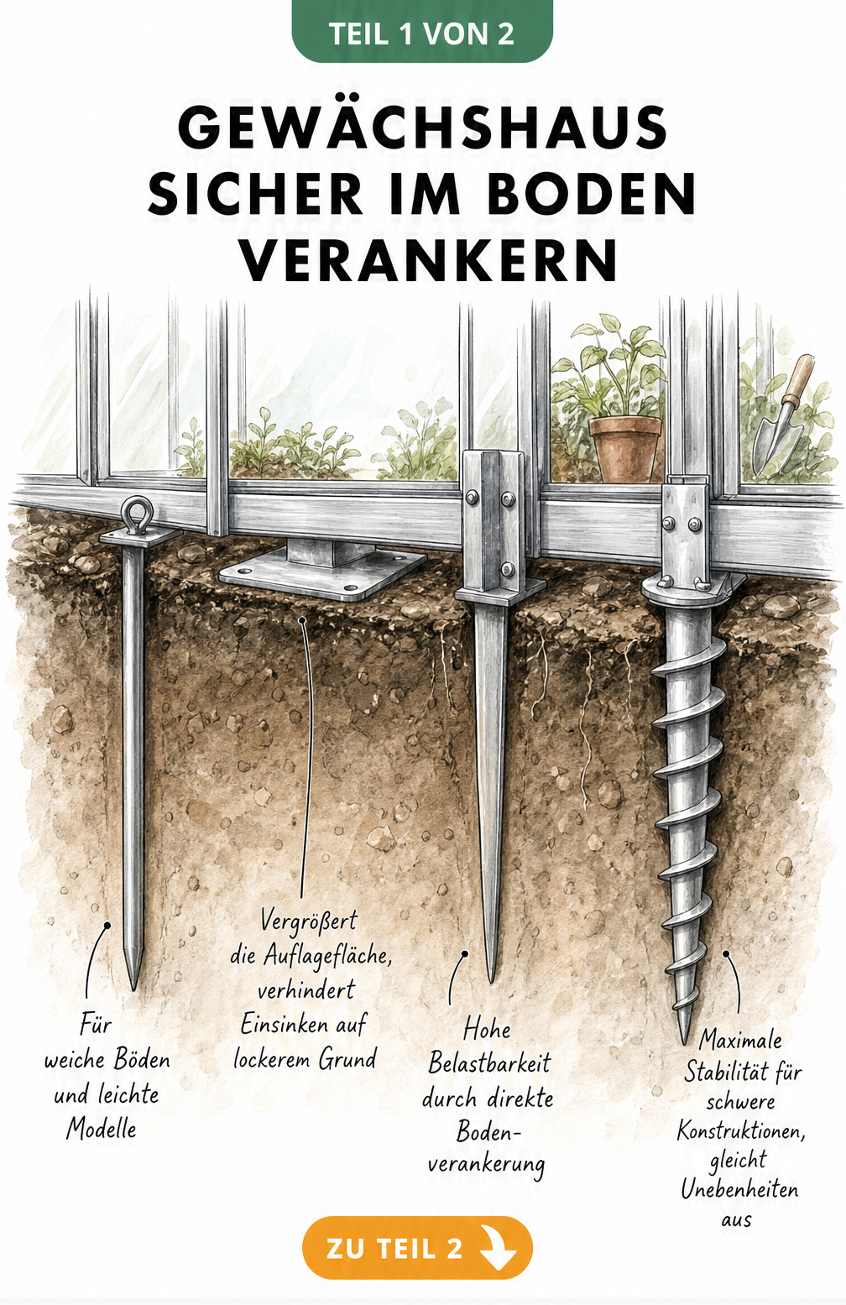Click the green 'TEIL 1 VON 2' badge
pyautogui.click(x=422, y=33)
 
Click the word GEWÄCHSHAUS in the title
pyautogui.click(x=422, y=127)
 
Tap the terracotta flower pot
pyautogui.click(x=625, y=447)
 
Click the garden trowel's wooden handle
pyautogui.click(x=799, y=377)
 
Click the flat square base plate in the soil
pyautogui.click(x=322, y=574)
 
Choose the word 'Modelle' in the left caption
pyautogui.click(x=102, y=1129)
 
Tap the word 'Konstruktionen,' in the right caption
pyautogui.click(x=740, y=1130)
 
